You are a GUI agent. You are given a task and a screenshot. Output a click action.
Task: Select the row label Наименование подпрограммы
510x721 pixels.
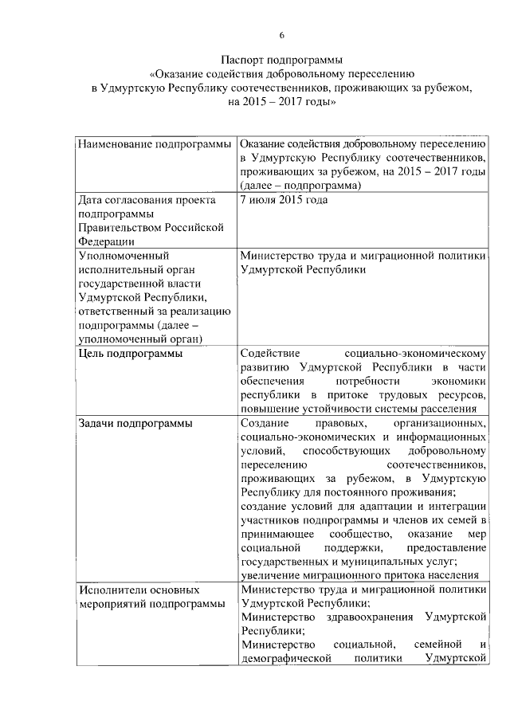(155, 143)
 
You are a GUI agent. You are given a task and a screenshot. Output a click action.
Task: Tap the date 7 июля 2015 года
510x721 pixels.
(283, 200)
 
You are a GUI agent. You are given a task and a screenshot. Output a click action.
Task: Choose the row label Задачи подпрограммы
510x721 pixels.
(135, 423)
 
